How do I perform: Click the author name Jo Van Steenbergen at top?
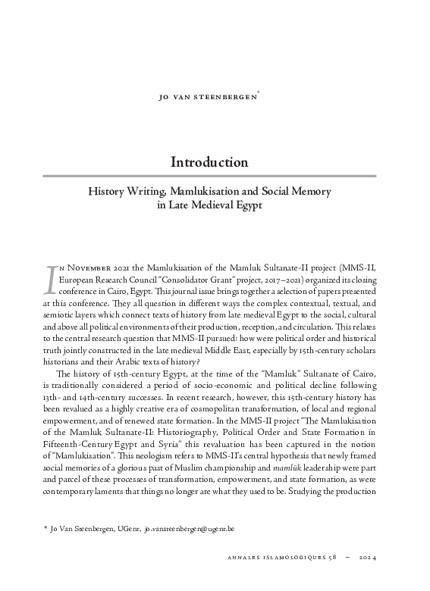pyautogui.click(x=214, y=97)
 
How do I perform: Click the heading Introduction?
pyautogui.click(x=209, y=162)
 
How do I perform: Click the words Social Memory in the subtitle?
pyautogui.click(x=294, y=191)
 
